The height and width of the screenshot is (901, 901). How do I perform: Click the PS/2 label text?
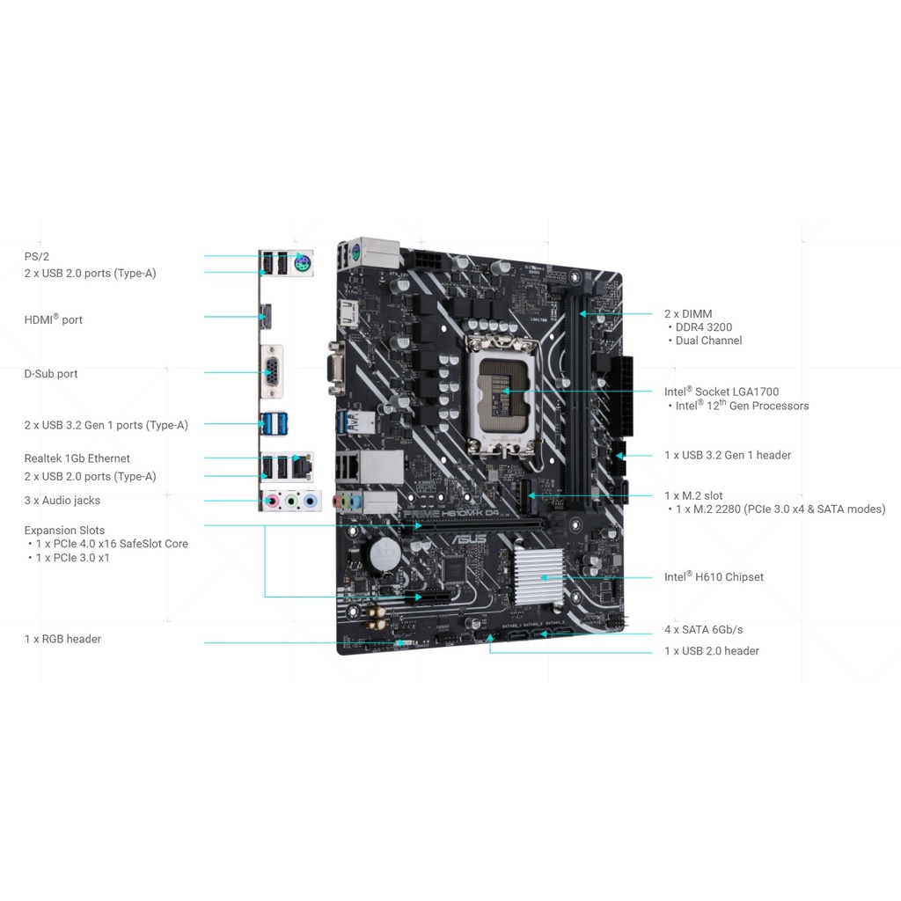point(37,256)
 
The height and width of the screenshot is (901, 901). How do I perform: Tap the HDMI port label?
point(54,319)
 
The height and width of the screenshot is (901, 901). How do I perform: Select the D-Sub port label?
point(51,374)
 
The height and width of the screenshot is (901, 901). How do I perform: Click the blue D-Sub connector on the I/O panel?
point(274,373)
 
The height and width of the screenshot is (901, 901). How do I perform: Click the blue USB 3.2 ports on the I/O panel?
point(274,424)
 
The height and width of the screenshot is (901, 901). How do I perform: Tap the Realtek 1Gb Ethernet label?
point(77,458)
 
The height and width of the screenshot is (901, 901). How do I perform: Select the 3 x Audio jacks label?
point(62,501)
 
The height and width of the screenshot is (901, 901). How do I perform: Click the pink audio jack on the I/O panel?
point(273,502)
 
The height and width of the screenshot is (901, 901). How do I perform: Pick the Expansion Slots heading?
point(64,531)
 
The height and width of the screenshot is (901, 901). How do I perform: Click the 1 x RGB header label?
point(62,639)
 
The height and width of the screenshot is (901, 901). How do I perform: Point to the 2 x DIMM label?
point(688,314)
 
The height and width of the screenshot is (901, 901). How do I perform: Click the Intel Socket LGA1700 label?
point(722,392)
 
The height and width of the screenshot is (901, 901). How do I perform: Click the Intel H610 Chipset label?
point(714,577)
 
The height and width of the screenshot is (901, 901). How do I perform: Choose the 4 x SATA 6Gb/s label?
point(703,630)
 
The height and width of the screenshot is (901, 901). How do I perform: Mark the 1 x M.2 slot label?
point(693,496)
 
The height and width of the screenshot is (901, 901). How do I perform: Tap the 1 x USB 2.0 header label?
point(712,651)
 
